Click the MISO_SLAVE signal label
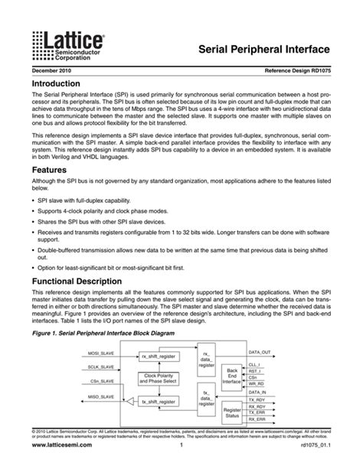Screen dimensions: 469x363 click(101, 396)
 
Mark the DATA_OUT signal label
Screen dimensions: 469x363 click(260, 352)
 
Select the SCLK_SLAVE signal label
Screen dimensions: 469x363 click(101, 367)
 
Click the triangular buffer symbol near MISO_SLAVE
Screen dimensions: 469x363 click(129, 400)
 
